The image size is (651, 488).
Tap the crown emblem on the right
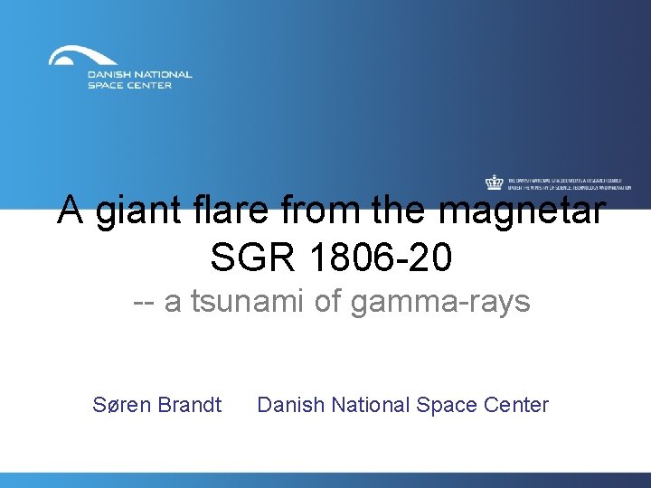(x=494, y=183)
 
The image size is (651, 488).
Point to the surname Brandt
(x=189, y=405)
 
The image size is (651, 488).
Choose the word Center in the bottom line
(x=516, y=405)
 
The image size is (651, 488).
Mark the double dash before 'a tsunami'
(x=142, y=303)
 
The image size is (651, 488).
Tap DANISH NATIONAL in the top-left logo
(x=139, y=75)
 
